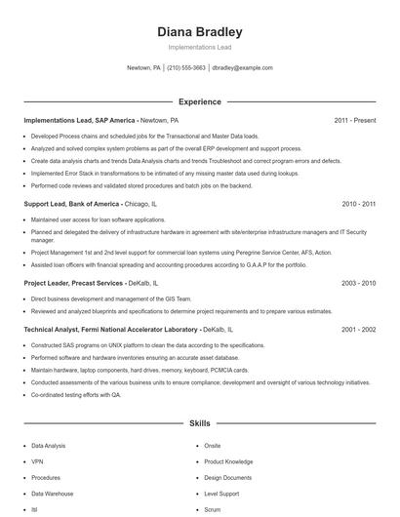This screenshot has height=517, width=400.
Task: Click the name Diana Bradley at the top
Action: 199,32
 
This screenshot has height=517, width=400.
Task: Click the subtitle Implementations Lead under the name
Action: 199,47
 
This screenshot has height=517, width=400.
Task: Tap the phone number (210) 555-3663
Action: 186,68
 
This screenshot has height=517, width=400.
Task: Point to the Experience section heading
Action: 199,101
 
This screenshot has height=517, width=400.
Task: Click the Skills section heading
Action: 199,425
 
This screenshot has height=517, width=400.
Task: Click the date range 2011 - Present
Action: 354,120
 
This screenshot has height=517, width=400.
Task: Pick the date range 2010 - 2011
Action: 358,204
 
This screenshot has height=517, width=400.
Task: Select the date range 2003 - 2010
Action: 358,282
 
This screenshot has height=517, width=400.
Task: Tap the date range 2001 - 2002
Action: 358,330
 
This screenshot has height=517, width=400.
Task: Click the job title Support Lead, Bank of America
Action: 71,204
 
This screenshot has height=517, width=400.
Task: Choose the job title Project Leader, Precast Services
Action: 73,282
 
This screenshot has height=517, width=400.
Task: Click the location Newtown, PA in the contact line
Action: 143,68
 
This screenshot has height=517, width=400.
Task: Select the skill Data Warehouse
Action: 53,495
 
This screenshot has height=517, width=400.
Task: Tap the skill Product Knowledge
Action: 228,461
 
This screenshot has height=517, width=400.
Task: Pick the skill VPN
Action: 38,461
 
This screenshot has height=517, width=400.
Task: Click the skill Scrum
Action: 213,510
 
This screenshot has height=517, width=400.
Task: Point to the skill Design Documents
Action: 227,478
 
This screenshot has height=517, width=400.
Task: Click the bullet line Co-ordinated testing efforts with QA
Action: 76,394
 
